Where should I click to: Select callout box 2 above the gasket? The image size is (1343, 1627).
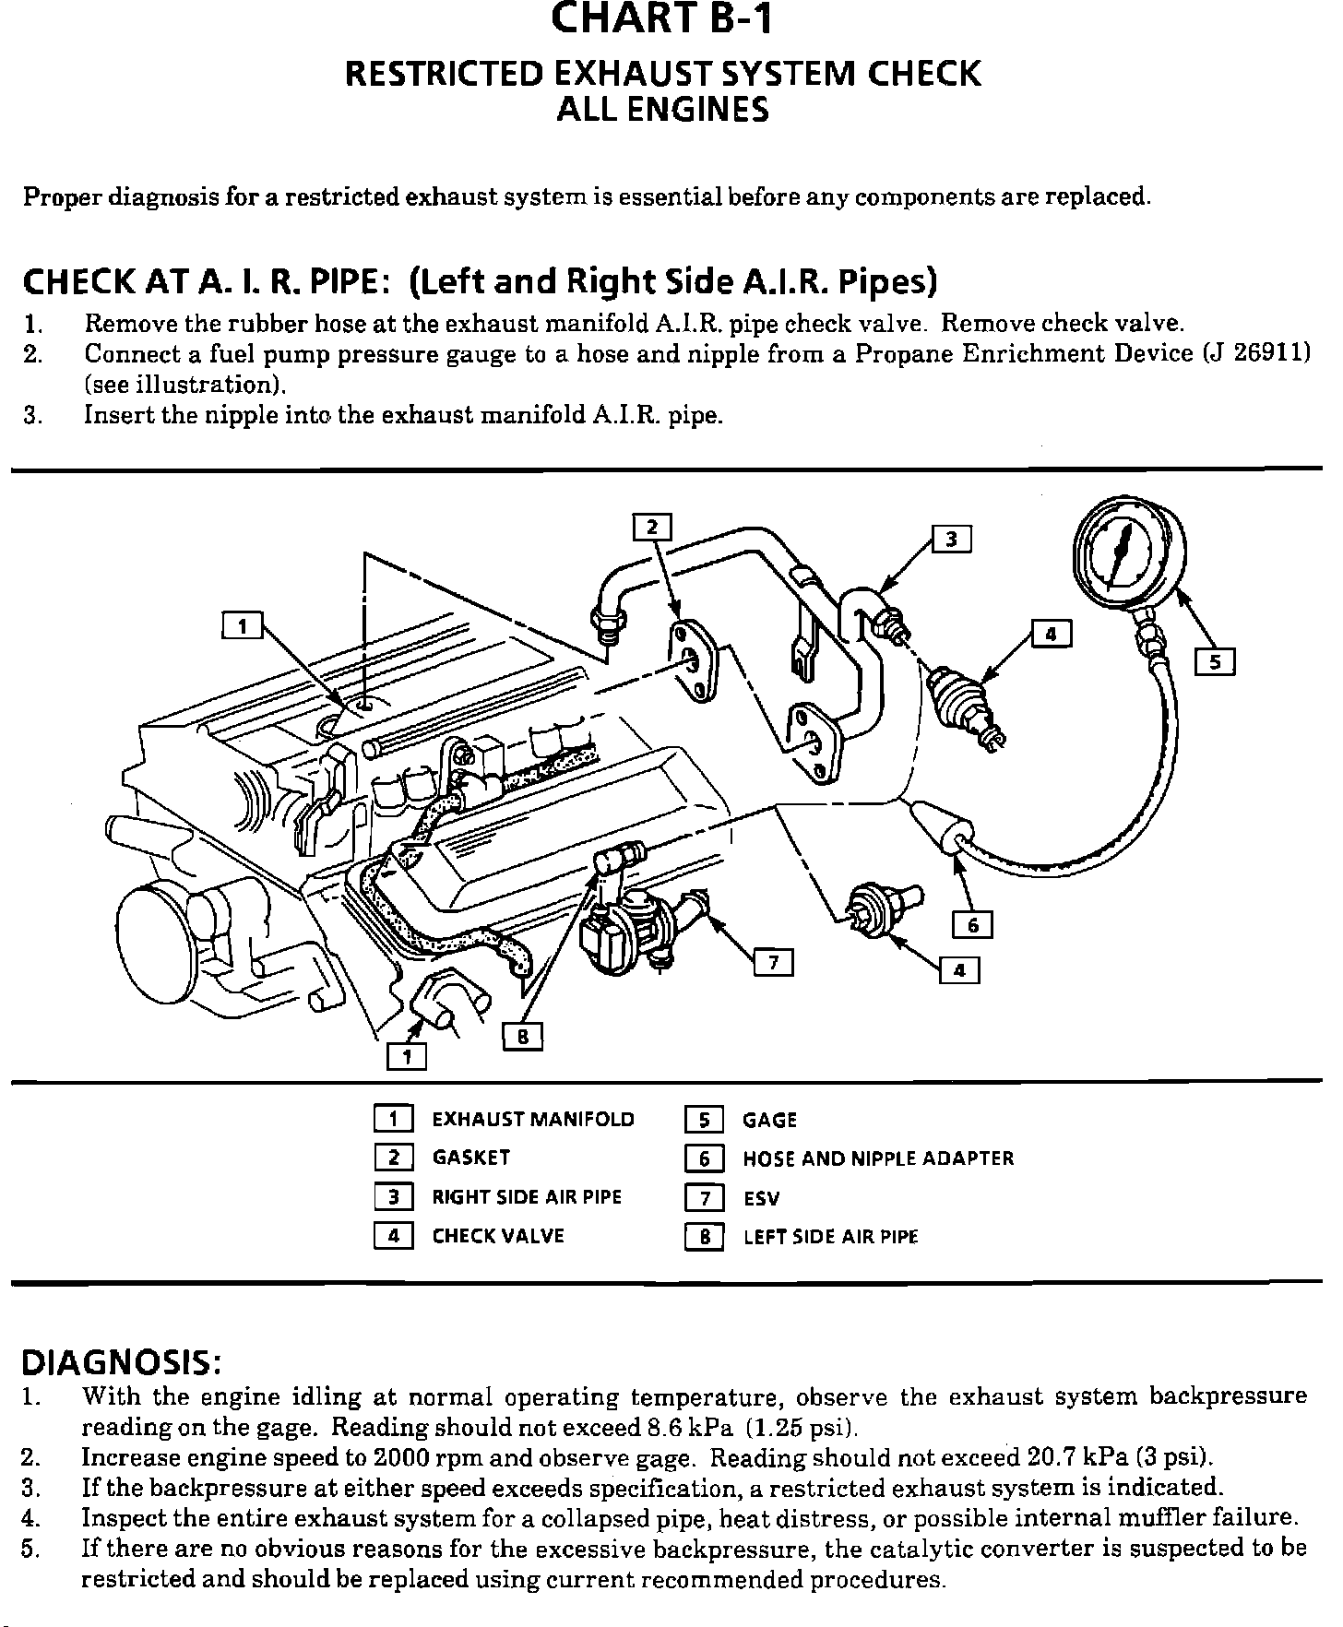652,527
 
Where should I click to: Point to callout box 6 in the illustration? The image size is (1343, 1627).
972,923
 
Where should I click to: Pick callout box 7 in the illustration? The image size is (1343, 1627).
774,963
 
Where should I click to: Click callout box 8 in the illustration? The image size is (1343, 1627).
522,1038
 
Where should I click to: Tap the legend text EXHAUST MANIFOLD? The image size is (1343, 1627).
533,1120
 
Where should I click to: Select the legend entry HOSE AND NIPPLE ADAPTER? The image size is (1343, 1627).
878,1158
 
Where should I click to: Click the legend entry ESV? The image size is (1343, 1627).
761,1199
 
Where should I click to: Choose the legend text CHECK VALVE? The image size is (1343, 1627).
498,1236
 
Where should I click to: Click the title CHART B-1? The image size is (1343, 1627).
661,20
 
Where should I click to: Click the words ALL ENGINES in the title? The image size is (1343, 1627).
662,111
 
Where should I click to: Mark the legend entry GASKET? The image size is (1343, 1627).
470,1158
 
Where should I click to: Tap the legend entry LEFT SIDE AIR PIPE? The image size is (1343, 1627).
830,1237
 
